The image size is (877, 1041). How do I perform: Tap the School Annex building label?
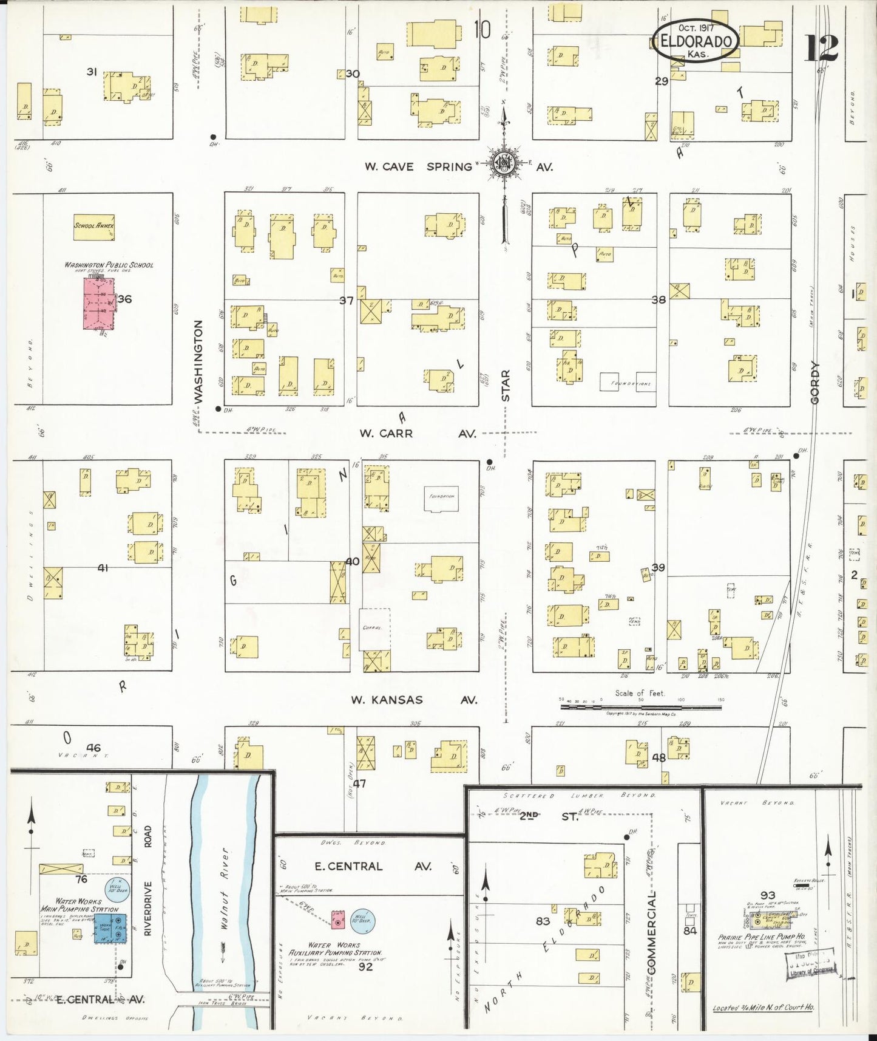coord(94,225)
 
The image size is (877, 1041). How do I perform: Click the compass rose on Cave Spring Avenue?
coord(503,162)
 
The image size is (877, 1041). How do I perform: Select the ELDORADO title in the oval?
coord(696,41)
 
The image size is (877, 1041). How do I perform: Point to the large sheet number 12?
coord(822,49)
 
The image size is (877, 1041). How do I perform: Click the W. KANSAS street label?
coord(387,700)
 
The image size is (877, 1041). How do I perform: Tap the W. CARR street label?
coord(386,434)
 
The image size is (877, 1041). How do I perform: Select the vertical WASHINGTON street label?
coord(198,361)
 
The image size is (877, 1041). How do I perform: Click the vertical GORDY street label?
coord(814,382)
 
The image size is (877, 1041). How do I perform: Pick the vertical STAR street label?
coord(506,386)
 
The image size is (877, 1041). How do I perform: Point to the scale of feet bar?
coord(640,707)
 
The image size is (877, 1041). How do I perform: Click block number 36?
coord(125,299)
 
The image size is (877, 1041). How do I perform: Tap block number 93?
coord(768,895)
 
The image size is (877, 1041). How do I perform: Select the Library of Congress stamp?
coord(811,966)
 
